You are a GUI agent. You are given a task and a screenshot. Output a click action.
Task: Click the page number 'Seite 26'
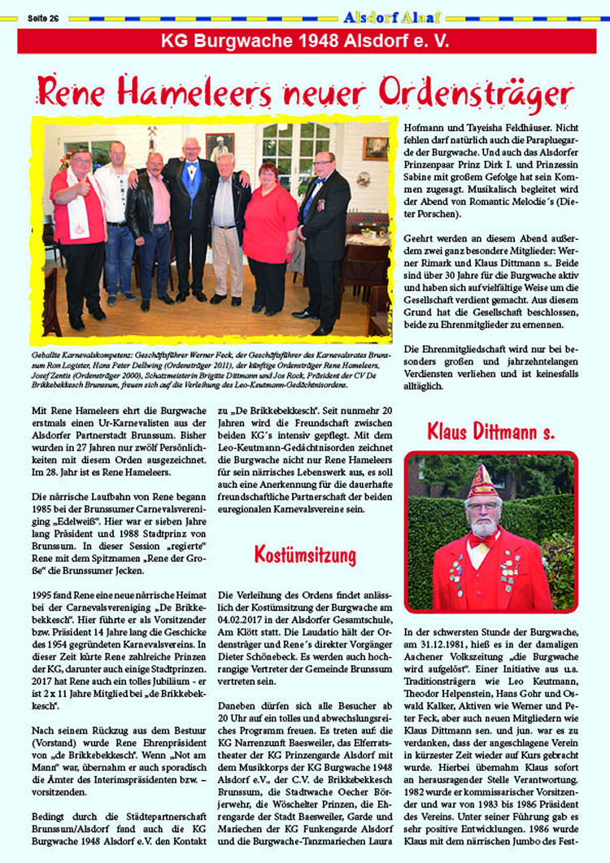coord(43,18)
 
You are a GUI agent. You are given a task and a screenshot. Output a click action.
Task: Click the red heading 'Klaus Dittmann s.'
coord(490,431)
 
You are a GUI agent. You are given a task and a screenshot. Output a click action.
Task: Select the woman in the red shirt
coord(269,236)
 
